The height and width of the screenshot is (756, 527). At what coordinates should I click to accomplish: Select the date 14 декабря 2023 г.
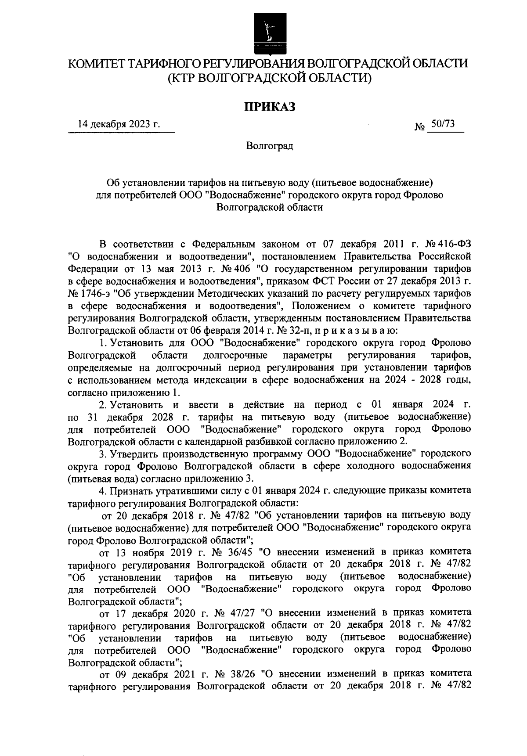(x=119, y=125)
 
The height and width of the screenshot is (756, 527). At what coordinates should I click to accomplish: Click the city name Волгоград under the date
(x=269, y=146)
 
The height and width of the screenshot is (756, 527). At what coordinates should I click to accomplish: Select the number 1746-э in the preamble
(x=97, y=293)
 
